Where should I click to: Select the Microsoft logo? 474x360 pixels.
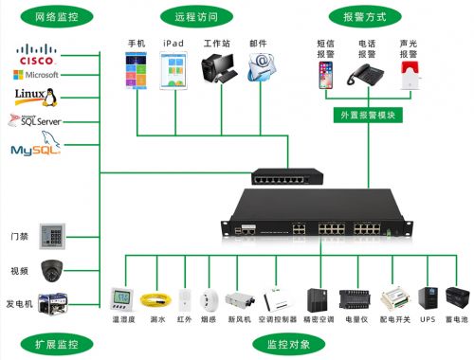[x=36, y=74]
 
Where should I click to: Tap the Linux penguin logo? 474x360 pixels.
[x=36, y=98]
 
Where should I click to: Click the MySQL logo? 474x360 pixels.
[x=34, y=150]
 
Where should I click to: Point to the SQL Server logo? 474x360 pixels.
[x=35, y=121]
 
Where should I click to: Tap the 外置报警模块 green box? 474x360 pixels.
[x=367, y=115]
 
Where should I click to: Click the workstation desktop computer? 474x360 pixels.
[x=218, y=73]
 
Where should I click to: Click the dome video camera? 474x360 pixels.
[x=52, y=268]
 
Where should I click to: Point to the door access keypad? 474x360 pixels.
[x=52, y=236]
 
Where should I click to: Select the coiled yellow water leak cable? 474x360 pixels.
[x=154, y=300]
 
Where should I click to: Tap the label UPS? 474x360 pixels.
[x=428, y=320]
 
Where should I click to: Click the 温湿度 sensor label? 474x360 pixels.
[x=121, y=320]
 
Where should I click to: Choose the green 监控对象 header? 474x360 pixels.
[x=283, y=342]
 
